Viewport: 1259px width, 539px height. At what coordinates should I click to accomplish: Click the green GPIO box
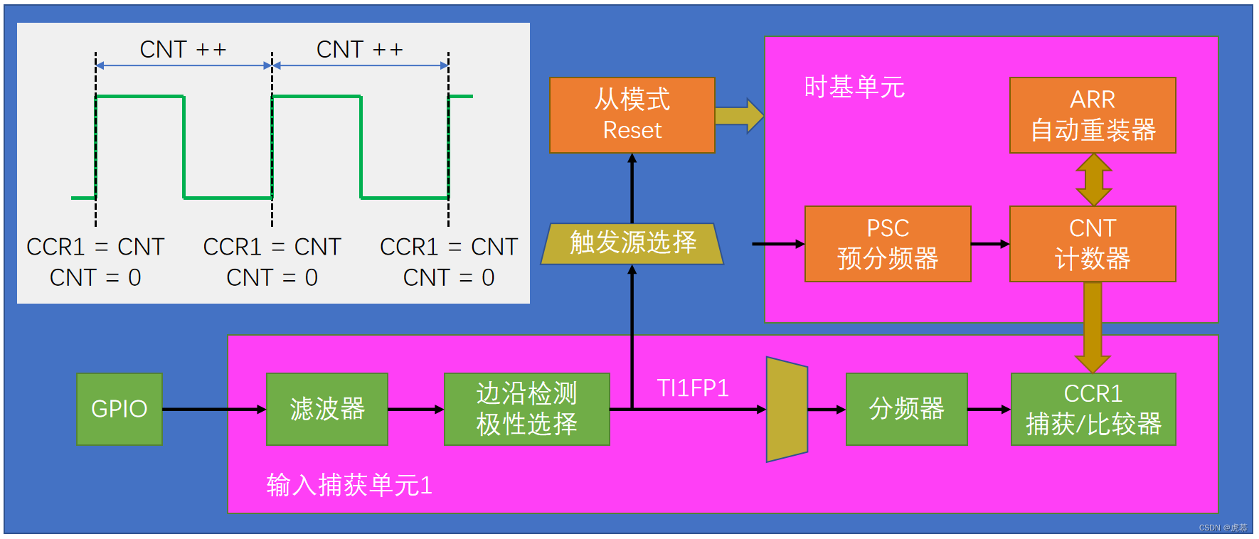coord(119,409)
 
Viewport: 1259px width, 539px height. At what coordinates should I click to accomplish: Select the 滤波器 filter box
coord(327,409)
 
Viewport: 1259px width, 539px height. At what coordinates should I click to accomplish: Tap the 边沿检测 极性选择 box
coord(527,409)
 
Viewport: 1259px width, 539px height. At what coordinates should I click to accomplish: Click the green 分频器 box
coord(907,409)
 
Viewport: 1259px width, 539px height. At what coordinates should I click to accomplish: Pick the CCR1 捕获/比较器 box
coord(1093,409)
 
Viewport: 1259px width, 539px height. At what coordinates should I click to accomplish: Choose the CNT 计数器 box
coord(1093,244)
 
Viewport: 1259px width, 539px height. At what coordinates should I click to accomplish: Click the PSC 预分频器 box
coord(888,244)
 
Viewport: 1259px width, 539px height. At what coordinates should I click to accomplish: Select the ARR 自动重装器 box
coord(1093,115)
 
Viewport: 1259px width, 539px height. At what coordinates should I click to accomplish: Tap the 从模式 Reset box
coord(632,115)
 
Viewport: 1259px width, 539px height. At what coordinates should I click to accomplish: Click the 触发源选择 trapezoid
coord(632,244)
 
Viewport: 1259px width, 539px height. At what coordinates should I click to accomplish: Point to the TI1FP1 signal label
coord(693,388)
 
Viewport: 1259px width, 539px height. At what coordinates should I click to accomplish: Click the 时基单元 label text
coord(854,87)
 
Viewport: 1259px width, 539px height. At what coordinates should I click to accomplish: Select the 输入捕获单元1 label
coord(349,485)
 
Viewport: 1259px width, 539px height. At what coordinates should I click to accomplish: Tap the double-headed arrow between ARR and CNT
coord(1093,180)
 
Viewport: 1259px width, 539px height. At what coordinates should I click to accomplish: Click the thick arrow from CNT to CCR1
coord(1093,328)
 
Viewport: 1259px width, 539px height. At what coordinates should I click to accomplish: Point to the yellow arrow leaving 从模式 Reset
coord(739,116)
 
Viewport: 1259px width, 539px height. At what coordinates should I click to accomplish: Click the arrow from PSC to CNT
coord(990,244)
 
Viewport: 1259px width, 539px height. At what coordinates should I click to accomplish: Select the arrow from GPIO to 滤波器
coord(214,409)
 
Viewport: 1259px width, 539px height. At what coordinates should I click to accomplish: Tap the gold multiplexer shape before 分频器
coord(787,410)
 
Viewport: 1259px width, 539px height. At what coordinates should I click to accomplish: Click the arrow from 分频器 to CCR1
coord(989,409)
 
